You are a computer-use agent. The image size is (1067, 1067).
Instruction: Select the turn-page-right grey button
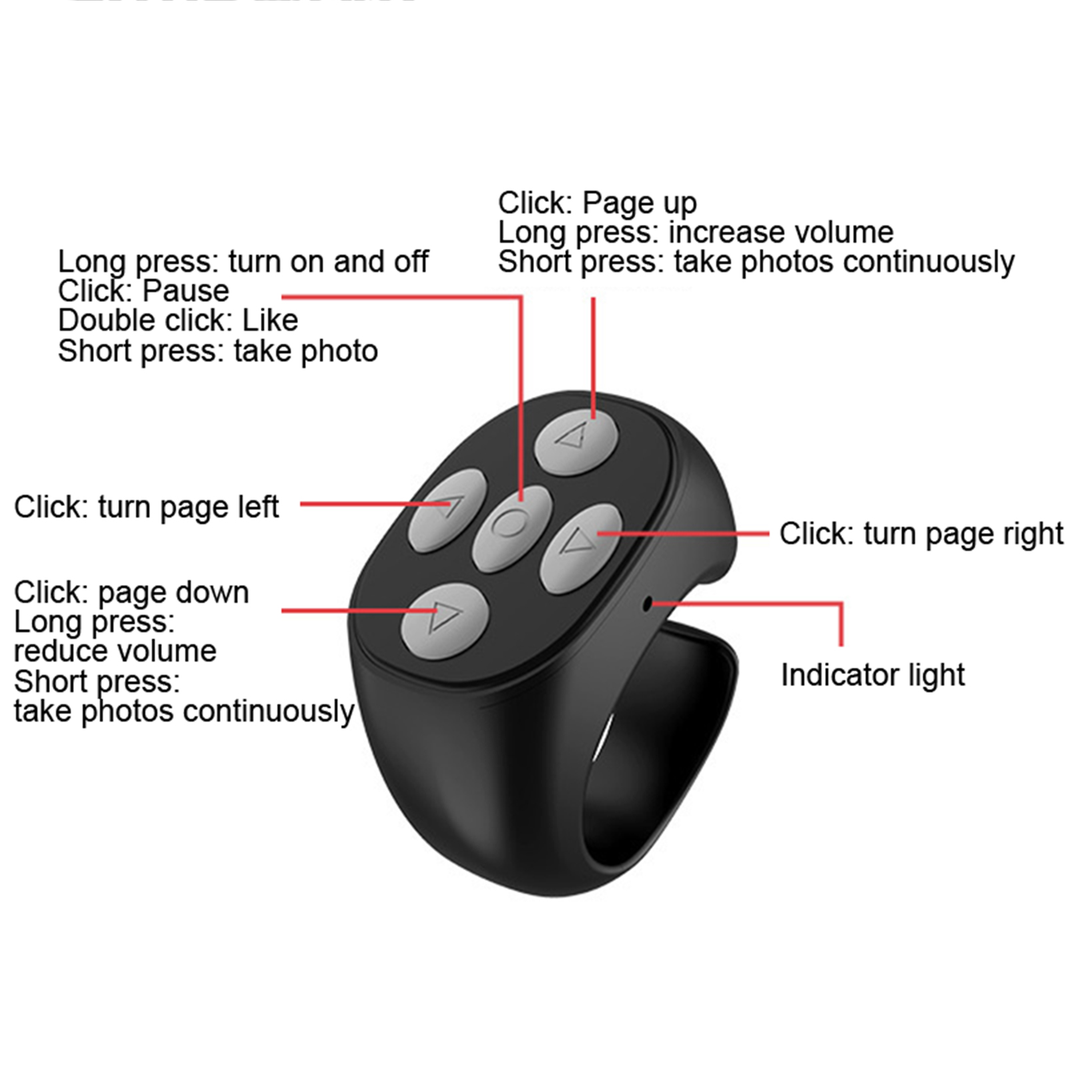[x=582, y=548]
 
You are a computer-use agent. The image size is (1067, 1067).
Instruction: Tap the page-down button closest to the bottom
[x=445, y=621]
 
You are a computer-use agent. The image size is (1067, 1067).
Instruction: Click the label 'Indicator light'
[x=872, y=676]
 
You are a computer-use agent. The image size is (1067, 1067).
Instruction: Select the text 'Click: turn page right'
[x=921, y=534]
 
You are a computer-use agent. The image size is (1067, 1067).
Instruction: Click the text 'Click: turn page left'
[x=146, y=507]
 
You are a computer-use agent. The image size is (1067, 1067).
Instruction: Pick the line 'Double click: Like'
[x=178, y=321]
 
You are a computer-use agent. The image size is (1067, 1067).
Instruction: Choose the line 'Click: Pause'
[x=143, y=291]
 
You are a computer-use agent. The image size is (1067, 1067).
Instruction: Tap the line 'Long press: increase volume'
[x=696, y=233]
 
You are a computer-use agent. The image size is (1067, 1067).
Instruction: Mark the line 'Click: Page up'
[x=597, y=203]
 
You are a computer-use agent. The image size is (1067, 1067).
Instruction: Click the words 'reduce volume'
[x=115, y=651]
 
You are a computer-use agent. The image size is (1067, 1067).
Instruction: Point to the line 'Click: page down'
[x=131, y=593]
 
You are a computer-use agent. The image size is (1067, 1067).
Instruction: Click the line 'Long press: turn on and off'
[x=243, y=262]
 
